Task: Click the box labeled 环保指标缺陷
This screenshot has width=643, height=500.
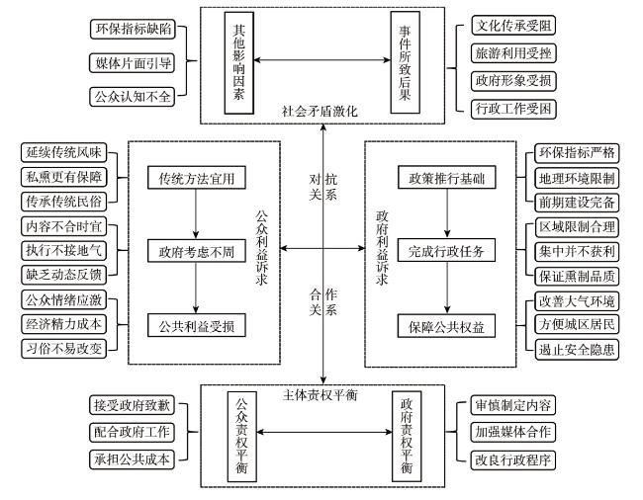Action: (133, 29)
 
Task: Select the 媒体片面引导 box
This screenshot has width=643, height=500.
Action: (132, 63)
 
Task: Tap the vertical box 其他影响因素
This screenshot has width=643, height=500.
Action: (239, 62)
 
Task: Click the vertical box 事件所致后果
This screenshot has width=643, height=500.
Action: (406, 62)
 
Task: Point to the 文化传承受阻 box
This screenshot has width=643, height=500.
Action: (513, 26)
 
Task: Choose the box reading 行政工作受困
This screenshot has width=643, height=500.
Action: (513, 109)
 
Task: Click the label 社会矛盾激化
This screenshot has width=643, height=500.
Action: (320, 111)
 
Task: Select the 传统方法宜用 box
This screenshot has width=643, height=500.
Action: (197, 178)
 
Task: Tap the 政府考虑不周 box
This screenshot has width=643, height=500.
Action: (197, 251)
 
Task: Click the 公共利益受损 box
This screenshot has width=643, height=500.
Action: (197, 325)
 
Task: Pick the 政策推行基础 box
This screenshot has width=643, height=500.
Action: (446, 177)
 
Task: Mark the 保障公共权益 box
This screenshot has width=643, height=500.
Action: (446, 326)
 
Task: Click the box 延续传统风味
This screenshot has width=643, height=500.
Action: (63, 152)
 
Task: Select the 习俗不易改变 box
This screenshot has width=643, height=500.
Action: (63, 349)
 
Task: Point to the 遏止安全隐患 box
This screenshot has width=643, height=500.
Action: (577, 349)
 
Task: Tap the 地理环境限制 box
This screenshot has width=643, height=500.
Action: (577, 178)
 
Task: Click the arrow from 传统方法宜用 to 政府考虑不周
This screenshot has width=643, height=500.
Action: (196, 214)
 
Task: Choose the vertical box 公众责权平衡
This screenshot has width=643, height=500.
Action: (242, 437)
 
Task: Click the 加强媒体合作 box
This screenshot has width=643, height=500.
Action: (513, 432)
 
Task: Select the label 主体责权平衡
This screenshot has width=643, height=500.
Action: (320, 394)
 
